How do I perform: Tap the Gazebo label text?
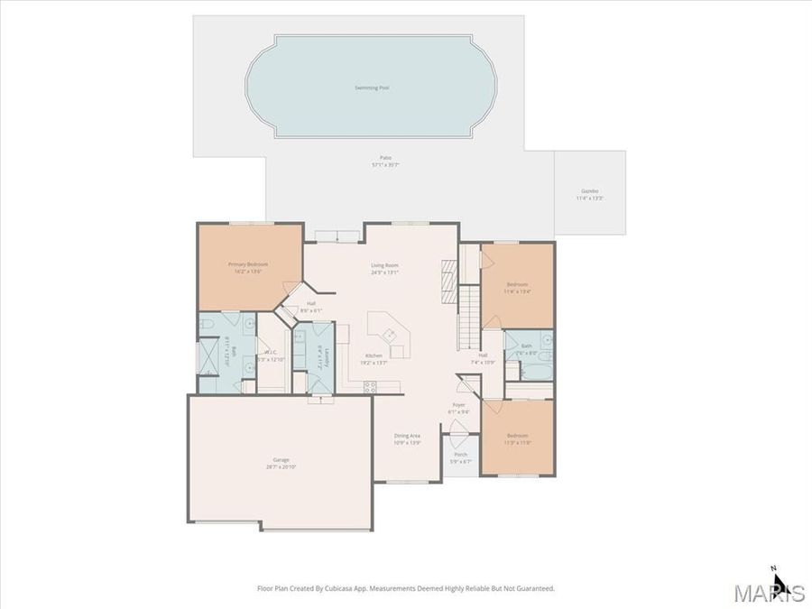[590, 191]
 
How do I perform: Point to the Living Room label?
[385, 265]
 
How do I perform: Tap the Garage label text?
[281, 460]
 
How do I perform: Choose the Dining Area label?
[408, 436]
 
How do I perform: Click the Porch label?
[460, 454]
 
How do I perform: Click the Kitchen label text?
[374, 355]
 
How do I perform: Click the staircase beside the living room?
[469, 316]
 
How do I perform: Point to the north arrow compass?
[780, 582]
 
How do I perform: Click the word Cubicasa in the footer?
[358, 588]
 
